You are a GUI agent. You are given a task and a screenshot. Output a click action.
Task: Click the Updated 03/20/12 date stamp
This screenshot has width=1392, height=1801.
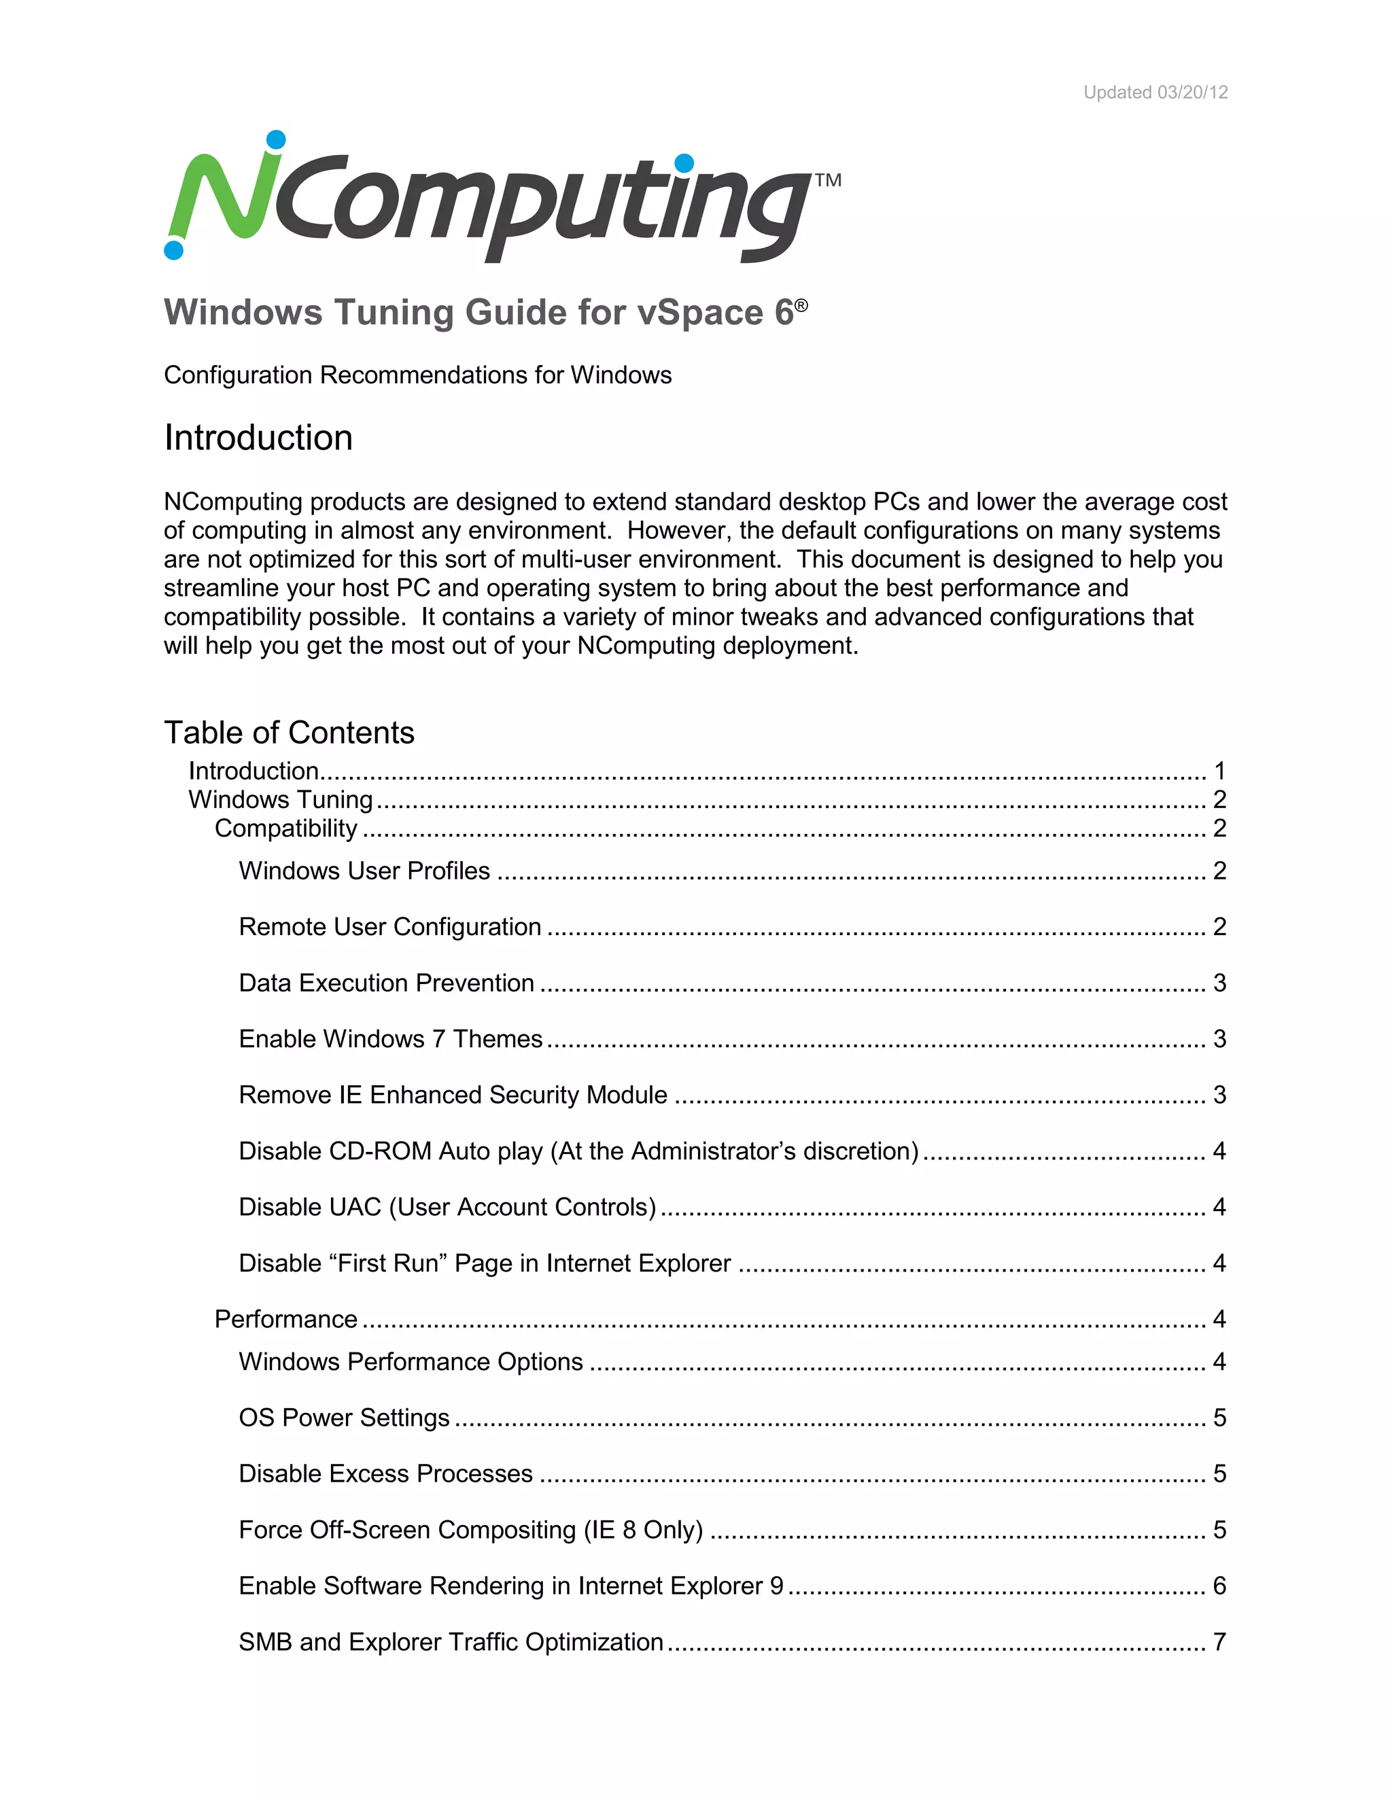point(1155,92)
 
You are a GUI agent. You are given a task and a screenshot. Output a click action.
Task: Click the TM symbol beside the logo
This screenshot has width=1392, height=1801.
point(828,180)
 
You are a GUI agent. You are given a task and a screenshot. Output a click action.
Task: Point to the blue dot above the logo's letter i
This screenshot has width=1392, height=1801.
point(684,164)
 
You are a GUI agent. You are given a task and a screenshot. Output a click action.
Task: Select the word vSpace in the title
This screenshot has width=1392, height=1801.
point(699,313)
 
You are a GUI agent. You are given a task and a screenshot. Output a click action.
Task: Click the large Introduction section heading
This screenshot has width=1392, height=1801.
point(258,438)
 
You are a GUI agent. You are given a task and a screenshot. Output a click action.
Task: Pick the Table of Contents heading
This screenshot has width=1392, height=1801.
point(289,732)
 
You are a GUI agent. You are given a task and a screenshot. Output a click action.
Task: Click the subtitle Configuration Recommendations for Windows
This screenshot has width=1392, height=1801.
point(417,375)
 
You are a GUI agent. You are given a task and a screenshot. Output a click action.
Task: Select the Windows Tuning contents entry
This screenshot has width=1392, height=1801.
point(281,799)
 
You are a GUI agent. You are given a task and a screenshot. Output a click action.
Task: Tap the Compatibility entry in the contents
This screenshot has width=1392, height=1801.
point(285,828)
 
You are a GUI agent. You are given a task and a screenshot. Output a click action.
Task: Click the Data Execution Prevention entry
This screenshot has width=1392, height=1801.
point(386,983)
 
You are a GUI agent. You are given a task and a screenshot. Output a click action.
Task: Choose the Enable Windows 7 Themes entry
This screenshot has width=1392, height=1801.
point(390,1039)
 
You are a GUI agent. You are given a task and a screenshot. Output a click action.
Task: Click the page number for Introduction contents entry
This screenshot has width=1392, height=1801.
point(1219,771)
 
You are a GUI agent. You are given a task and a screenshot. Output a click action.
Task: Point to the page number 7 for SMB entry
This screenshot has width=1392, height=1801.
point(1219,1642)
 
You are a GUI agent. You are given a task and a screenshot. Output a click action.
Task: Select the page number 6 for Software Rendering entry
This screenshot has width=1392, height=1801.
point(1219,1586)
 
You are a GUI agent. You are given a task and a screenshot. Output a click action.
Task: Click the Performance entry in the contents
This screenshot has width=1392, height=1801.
point(285,1319)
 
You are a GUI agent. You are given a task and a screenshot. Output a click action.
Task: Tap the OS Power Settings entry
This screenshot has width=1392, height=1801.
point(344,1418)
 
